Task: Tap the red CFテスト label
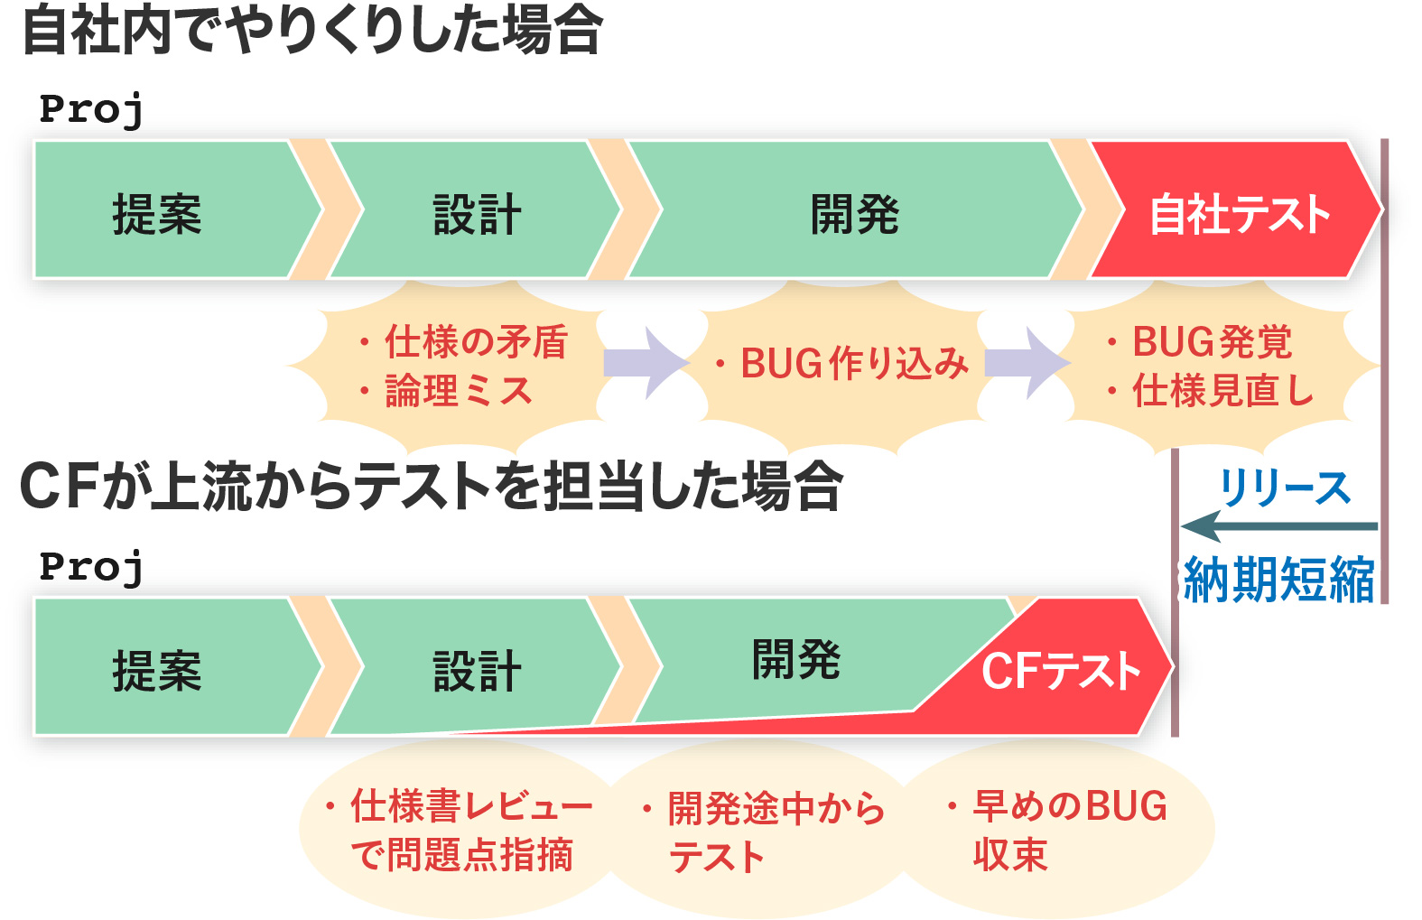(1061, 671)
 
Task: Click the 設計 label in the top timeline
(477, 215)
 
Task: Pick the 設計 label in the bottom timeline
(477, 671)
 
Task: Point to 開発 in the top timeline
(854, 214)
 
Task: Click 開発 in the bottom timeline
(796, 659)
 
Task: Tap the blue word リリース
(1284, 488)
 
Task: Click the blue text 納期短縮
(1278, 579)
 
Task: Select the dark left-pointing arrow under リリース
(1279, 526)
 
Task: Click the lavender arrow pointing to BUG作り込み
(646, 363)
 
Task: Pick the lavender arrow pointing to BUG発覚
(1027, 363)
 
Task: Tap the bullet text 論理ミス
(459, 390)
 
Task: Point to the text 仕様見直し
(1222, 390)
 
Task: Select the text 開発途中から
(776, 808)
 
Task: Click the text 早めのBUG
(1070, 805)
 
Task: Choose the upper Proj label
(91, 110)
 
